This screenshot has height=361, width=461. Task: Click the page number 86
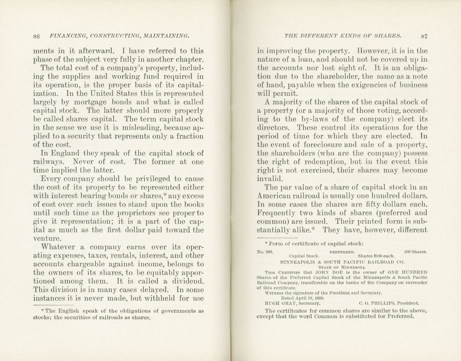[36, 36]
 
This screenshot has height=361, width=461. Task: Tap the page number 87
[424, 36]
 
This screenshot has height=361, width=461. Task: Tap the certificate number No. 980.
[265, 252]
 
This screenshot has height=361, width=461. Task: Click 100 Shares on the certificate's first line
[415, 252]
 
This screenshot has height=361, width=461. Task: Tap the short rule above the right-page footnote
[277, 238]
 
